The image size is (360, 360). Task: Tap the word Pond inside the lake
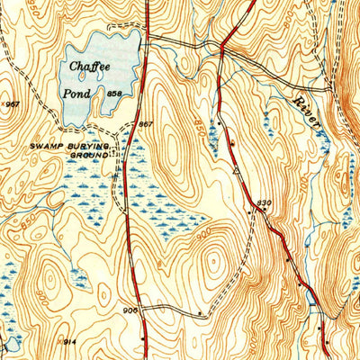(80, 93)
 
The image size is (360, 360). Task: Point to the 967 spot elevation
(13, 104)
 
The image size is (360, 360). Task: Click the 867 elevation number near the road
(146, 124)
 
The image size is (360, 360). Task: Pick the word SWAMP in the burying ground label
(45, 145)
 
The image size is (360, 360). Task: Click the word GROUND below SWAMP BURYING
(88, 154)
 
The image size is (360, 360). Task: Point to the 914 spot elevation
(70, 342)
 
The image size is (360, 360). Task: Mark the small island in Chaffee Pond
(106, 75)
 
